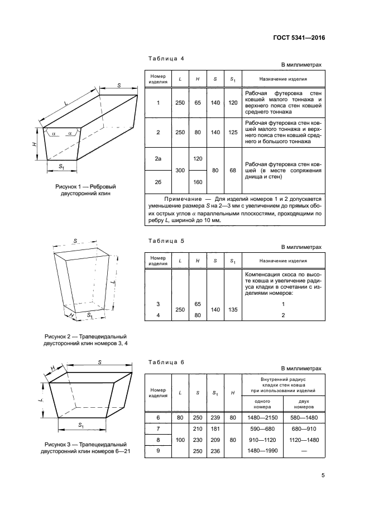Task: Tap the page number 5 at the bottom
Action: coord(323,476)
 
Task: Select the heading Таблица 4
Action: coord(164,59)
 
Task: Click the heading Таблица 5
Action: coord(164,241)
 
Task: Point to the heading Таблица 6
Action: coord(164,362)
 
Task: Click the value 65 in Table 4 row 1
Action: coord(198,103)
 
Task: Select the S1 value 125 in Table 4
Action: coord(233,133)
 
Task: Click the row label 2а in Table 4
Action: coord(158,159)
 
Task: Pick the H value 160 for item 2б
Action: coord(198,182)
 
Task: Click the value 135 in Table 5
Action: coord(233,309)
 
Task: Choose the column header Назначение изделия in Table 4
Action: coord(282,79)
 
